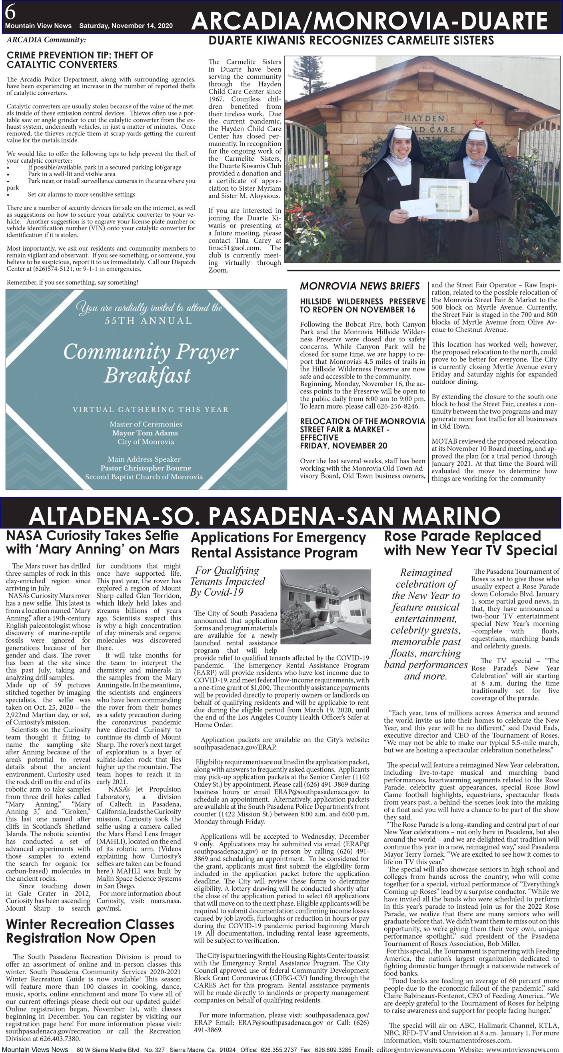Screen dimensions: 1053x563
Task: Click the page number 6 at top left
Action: tap(10, 12)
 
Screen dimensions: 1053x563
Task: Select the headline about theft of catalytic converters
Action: tap(80, 60)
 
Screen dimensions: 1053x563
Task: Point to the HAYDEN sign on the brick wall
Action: tap(424, 119)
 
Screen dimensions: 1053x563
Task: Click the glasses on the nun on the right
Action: tap(475, 145)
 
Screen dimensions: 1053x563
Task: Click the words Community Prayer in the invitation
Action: tap(150, 351)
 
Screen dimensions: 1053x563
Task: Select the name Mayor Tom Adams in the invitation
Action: tap(145, 433)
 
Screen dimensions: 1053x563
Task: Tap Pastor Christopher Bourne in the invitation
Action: tap(146, 468)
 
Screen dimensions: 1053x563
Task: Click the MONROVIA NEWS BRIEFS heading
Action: tap(359, 286)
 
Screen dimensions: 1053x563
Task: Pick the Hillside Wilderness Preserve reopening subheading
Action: tap(362, 305)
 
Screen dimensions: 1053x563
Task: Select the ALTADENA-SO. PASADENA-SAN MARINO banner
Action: tap(264, 516)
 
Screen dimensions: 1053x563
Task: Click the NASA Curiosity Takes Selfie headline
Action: tap(92, 542)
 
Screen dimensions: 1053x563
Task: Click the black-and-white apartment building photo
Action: tap(325, 606)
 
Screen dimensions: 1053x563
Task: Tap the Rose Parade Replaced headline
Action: tap(470, 543)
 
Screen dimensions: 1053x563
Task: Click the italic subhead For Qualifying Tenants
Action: tap(228, 581)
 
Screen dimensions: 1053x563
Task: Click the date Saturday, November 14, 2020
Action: tap(126, 26)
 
